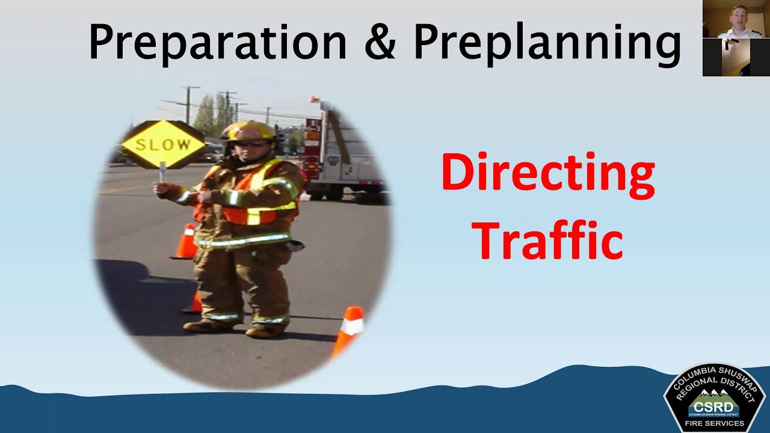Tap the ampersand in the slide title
pyautogui.click(x=380, y=42)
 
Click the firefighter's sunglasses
pyautogui.click(x=250, y=143)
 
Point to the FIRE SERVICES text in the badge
pyautogui.click(x=714, y=423)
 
